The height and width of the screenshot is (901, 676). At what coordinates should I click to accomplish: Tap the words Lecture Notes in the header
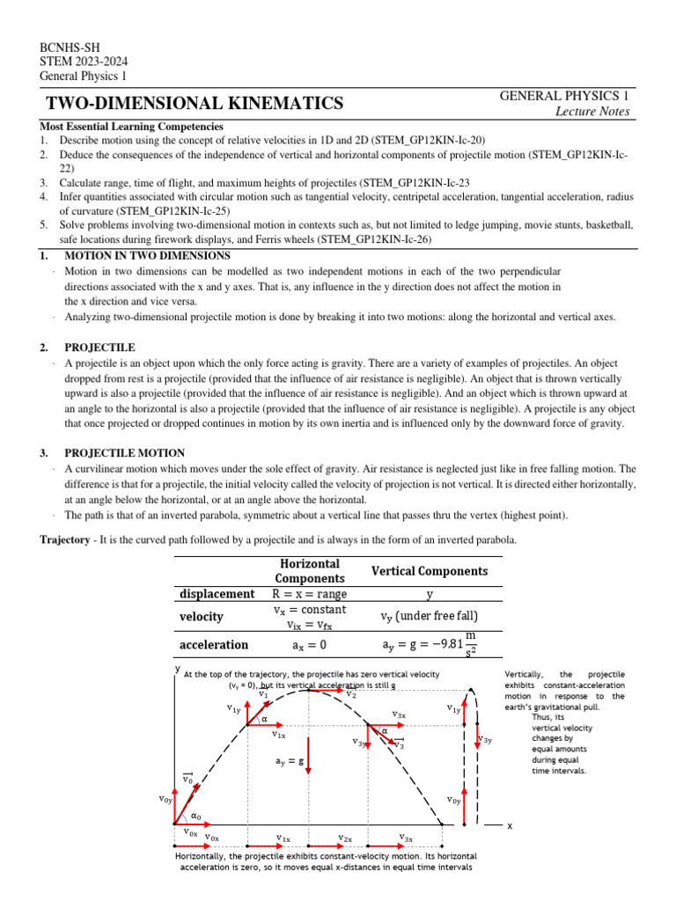592,111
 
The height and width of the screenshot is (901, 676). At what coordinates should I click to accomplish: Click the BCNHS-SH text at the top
67,46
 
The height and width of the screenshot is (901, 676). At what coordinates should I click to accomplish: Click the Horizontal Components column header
309,570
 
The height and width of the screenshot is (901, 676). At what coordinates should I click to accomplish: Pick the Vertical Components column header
429,571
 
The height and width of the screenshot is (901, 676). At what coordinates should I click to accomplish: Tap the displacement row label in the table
217,594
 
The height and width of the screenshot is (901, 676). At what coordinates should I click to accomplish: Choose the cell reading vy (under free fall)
429,617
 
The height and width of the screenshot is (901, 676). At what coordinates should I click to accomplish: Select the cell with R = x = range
310,594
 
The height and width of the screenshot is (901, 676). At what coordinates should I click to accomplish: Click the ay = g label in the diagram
288,761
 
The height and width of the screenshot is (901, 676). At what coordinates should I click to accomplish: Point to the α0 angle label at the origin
196,817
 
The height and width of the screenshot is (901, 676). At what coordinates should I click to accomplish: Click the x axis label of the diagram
509,826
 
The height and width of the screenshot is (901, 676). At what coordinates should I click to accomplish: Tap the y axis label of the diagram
177,669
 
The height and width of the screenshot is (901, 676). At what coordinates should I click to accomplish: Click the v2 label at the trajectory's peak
350,694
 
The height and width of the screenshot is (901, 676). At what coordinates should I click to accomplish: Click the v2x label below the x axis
345,839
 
